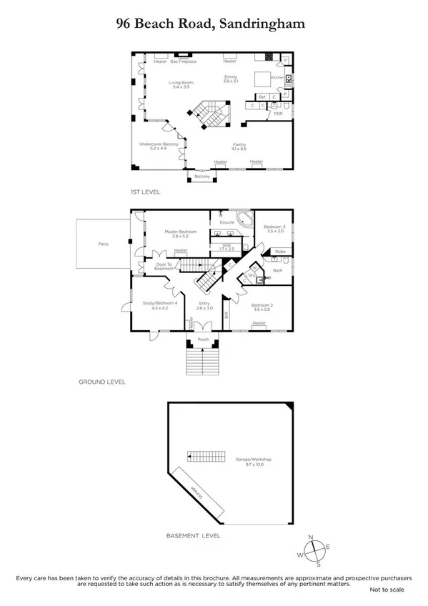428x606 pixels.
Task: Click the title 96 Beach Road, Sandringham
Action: (x=211, y=24)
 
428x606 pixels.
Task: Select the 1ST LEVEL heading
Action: (x=145, y=192)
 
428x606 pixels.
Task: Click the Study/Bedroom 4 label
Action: (x=154, y=305)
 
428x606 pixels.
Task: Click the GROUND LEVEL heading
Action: (x=102, y=382)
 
